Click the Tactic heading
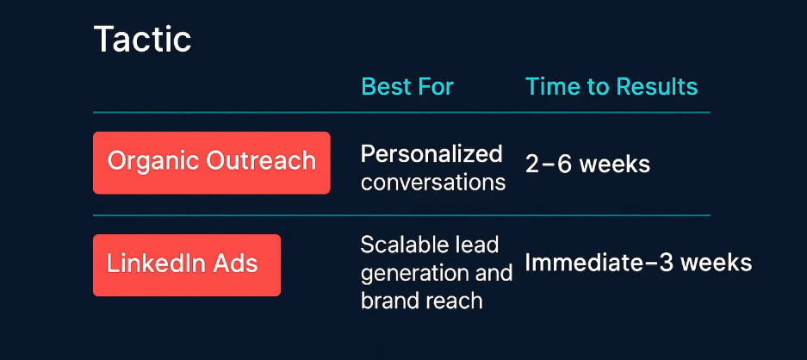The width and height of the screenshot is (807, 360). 143,40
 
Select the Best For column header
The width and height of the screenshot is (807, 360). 407,86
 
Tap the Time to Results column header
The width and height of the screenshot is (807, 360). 611,86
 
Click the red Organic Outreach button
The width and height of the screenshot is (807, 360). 212,163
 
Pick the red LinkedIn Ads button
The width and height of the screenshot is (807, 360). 187,265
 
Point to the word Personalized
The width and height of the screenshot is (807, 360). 431,154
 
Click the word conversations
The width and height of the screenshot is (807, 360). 433,183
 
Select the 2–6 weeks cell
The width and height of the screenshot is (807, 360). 587,164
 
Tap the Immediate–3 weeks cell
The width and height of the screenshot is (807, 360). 638,263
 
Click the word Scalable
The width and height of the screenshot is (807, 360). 398,245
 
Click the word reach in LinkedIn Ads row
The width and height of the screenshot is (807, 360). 456,301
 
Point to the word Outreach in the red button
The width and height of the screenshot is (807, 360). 260,161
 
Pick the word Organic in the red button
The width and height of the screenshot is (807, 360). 153,161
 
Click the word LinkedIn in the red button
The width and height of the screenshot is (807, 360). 156,264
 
